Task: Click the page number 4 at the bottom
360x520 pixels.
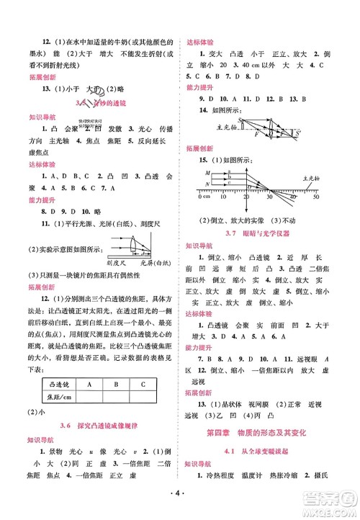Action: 180,496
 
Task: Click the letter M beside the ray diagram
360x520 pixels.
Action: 209,172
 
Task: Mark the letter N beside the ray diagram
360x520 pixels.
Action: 209,183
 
